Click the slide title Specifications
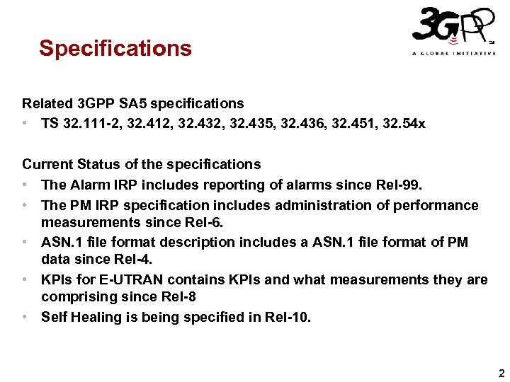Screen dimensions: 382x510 tap(115, 48)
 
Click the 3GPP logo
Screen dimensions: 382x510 tap(450, 27)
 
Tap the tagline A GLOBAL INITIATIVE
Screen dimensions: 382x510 tap(453, 54)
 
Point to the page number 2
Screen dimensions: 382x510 tap(501, 373)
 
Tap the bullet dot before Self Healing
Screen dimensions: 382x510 tap(25, 317)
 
